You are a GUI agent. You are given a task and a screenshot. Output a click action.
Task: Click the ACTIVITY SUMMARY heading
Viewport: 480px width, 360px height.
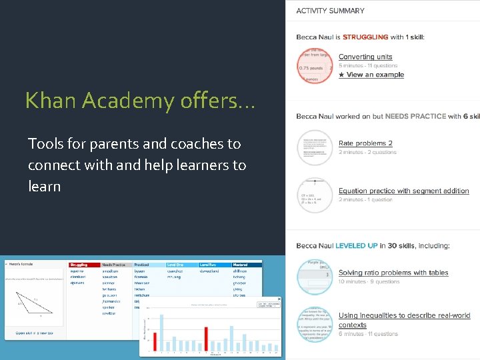(x=330, y=11)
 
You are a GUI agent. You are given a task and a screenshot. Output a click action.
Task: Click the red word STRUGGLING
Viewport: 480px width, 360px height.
(x=365, y=37)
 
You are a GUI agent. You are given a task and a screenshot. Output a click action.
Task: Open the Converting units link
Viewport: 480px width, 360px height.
(x=365, y=57)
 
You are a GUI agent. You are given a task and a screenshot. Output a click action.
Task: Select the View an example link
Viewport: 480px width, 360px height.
(x=371, y=75)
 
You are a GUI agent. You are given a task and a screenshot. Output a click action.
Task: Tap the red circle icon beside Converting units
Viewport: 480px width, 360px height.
(x=314, y=66)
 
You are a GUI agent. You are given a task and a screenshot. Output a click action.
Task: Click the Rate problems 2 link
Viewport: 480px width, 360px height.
(x=365, y=143)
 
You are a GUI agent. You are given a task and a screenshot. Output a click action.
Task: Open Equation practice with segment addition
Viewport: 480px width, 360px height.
(x=403, y=191)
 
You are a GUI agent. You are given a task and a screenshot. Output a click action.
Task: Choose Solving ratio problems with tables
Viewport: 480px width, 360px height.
(x=393, y=273)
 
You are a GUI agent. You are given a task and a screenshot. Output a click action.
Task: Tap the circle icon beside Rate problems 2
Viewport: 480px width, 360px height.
(x=314, y=147)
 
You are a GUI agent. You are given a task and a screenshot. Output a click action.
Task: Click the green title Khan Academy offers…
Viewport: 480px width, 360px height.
(x=140, y=101)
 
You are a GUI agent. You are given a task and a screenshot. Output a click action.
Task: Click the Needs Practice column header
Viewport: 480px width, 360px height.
(x=114, y=265)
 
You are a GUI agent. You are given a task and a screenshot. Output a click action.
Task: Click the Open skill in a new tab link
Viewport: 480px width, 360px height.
(x=34, y=332)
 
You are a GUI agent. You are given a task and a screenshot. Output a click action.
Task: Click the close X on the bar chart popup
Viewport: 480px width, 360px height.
(x=279, y=299)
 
